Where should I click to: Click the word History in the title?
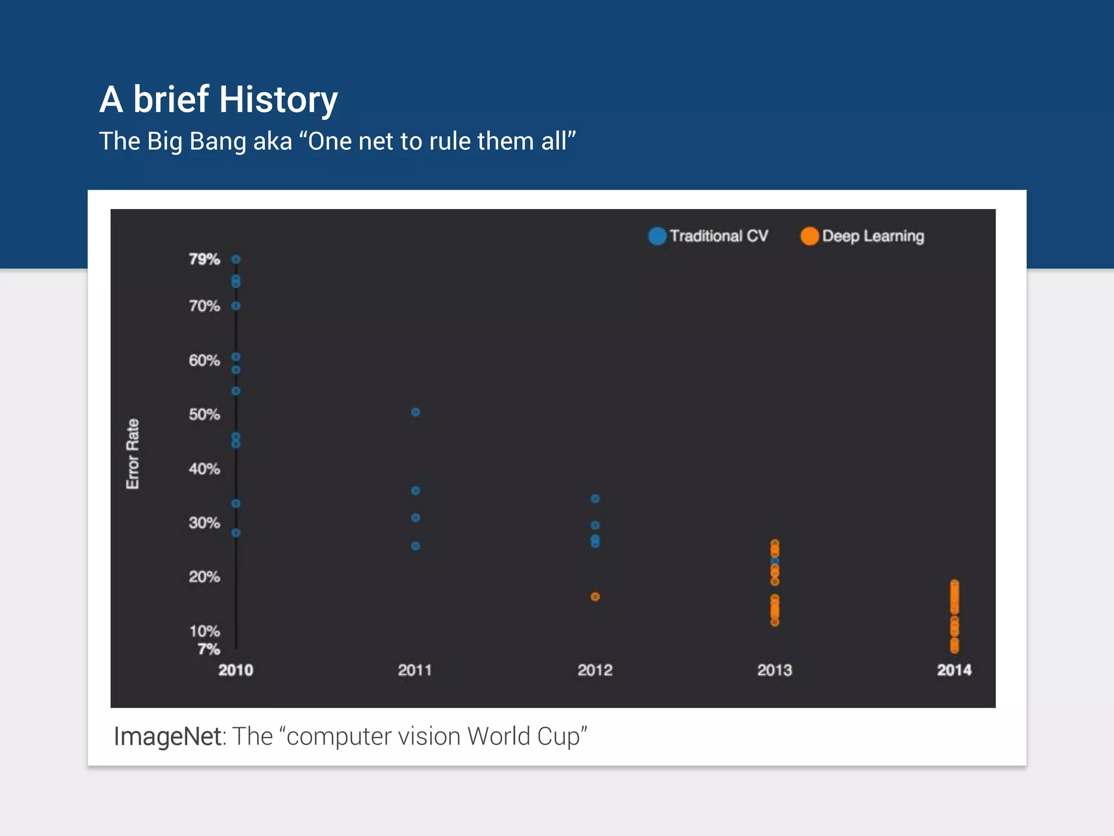278,100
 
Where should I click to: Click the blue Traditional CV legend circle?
657,236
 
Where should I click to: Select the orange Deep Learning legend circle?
809,236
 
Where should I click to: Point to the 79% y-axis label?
204,259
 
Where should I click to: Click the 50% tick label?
204,415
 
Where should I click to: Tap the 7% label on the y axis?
208,649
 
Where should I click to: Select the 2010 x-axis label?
236,670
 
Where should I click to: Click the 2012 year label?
595,670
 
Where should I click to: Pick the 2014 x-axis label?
954,670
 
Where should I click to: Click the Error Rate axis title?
133,454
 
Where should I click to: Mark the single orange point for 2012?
595,597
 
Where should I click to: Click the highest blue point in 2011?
416,413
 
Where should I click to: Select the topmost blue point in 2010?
236,260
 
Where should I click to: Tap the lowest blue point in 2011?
416,546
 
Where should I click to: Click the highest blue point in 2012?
595,499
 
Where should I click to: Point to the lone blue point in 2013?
775,561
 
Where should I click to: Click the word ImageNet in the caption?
167,736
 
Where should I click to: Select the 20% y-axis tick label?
204,577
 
